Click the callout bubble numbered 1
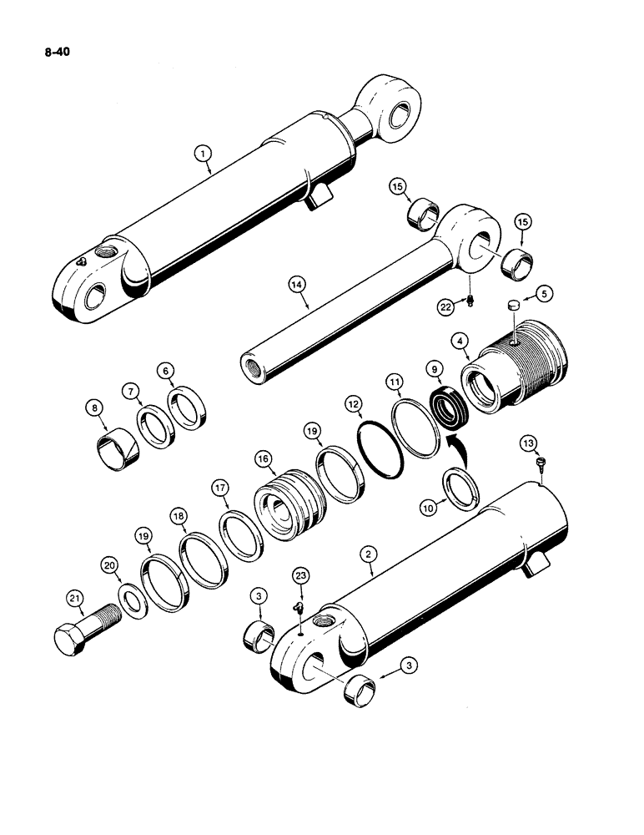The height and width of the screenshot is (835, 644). pyautogui.click(x=201, y=153)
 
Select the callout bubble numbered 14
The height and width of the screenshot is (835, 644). pyautogui.click(x=298, y=286)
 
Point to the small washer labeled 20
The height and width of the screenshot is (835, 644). pyautogui.click(x=131, y=600)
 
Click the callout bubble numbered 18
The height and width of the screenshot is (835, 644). pyautogui.click(x=179, y=519)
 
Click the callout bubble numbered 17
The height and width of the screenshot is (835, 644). pyautogui.click(x=219, y=487)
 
